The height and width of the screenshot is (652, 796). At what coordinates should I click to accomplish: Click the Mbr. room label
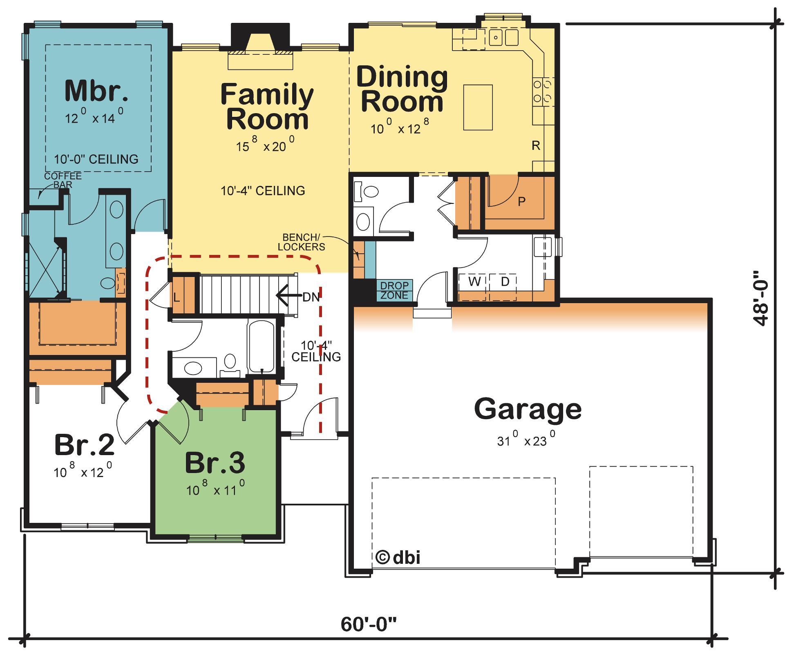pyautogui.click(x=96, y=91)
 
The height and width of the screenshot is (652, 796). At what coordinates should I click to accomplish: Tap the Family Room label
pyautogui.click(x=267, y=106)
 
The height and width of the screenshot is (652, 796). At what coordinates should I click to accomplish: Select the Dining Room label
pyautogui.click(x=402, y=89)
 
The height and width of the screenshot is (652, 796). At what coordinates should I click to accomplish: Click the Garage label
pyautogui.click(x=528, y=409)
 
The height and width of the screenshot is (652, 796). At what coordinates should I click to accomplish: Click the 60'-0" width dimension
pyautogui.click(x=369, y=624)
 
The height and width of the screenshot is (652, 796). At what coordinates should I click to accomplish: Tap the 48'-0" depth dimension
pyautogui.click(x=761, y=298)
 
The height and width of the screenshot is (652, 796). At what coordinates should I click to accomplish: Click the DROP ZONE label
pyautogui.click(x=394, y=290)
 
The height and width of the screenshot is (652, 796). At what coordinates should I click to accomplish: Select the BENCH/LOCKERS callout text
pyautogui.click(x=302, y=242)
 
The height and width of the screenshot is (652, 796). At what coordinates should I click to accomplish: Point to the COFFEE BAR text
pyautogui.click(x=63, y=180)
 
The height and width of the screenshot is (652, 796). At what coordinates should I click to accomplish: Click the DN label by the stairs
pyautogui.click(x=311, y=297)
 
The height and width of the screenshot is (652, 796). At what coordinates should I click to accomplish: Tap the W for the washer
pyautogui.click(x=474, y=281)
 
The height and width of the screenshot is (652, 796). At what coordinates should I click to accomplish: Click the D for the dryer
pyautogui.click(x=505, y=281)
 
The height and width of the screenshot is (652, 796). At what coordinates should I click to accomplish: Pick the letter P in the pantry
pyautogui.click(x=521, y=201)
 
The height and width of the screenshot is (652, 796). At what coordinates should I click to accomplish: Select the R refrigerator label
pyautogui.click(x=536, y=145)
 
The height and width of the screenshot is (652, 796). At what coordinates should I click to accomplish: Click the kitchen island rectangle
pyautogui.click(x=478, y=107)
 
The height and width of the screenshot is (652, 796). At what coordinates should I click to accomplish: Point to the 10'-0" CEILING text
pyautogui.click(x=96, y=159)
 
